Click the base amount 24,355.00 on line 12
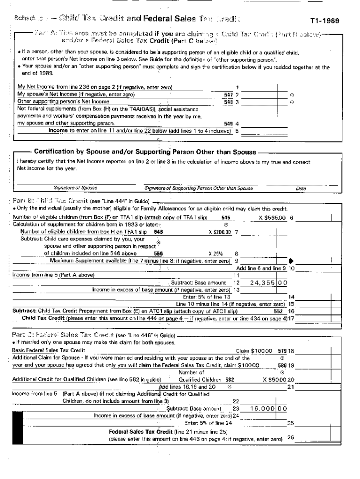pyautogui.click(x=269, y=283)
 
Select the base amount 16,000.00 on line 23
pyautogui.click(x=268, y=408)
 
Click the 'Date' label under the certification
pyautogui.click(x=301, y=189)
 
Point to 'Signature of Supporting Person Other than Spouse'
pyautogui.click(x=199, y=188)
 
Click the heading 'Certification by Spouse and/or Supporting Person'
pyautogui.click(x=145, y=152)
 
